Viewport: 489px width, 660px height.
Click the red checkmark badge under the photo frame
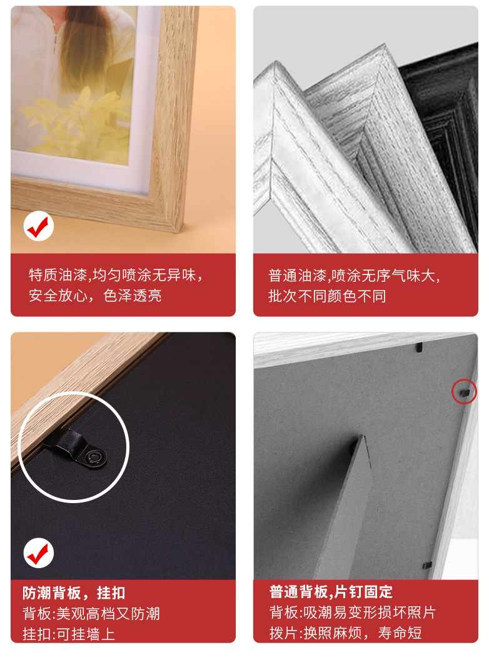(38, 226)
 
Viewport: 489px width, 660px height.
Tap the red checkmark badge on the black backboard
(38, 553)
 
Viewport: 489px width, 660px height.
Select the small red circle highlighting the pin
(464, 392)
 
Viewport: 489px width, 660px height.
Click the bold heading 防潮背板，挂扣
(74, 593)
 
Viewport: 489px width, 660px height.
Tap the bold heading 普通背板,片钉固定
(331, 592)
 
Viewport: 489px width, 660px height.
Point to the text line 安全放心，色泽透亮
(95, 296)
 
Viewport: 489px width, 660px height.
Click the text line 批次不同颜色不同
(327, 296)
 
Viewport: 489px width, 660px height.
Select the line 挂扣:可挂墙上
(69, 634)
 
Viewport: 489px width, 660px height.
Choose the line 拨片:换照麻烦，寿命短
(345, 632)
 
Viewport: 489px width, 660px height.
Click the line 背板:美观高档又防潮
(91, 614)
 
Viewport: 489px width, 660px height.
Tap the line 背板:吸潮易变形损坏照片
(353, 612)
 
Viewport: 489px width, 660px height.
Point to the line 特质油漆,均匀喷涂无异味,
(116, 275)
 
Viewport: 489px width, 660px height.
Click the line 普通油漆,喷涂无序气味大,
(355, 276)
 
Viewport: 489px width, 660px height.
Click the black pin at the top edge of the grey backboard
(419, 347)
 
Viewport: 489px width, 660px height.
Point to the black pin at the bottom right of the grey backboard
(428, 565)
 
